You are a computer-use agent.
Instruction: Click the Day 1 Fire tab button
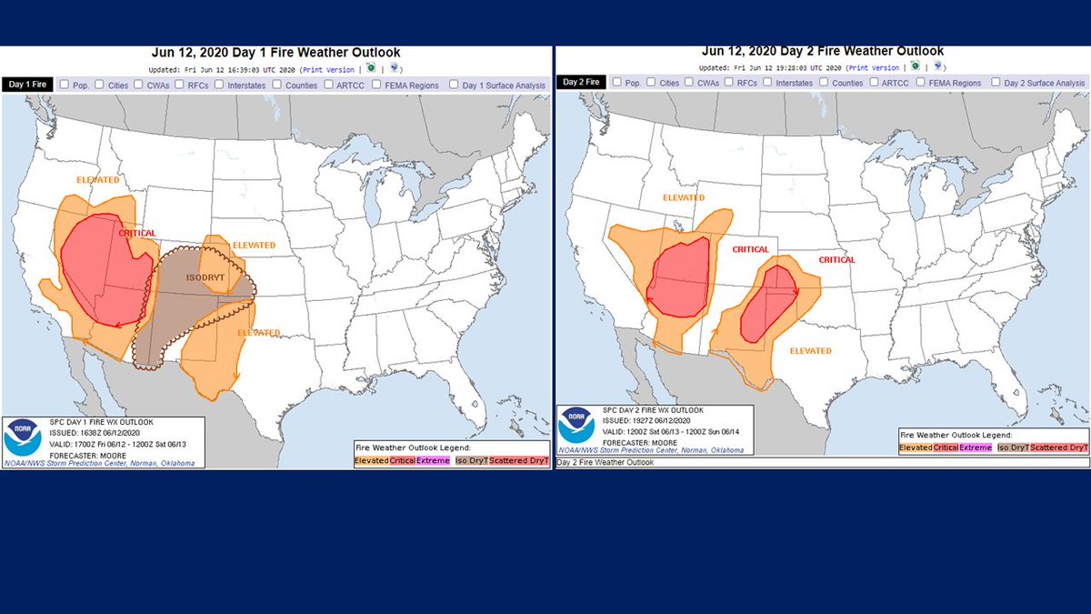point(27,85)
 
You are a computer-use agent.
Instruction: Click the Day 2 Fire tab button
point(581,83)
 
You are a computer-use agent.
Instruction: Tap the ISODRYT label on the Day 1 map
point(205,277)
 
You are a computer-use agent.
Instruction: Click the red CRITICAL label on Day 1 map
point(136,234)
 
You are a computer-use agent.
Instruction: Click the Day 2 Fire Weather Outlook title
point(823,51)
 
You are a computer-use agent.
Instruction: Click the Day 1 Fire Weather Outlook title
point(278,53)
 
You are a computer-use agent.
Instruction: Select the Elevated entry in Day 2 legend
point(916,448)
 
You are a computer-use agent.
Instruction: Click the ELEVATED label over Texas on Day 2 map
point(809,351)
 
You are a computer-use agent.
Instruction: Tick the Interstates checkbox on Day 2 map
point(769,83)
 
